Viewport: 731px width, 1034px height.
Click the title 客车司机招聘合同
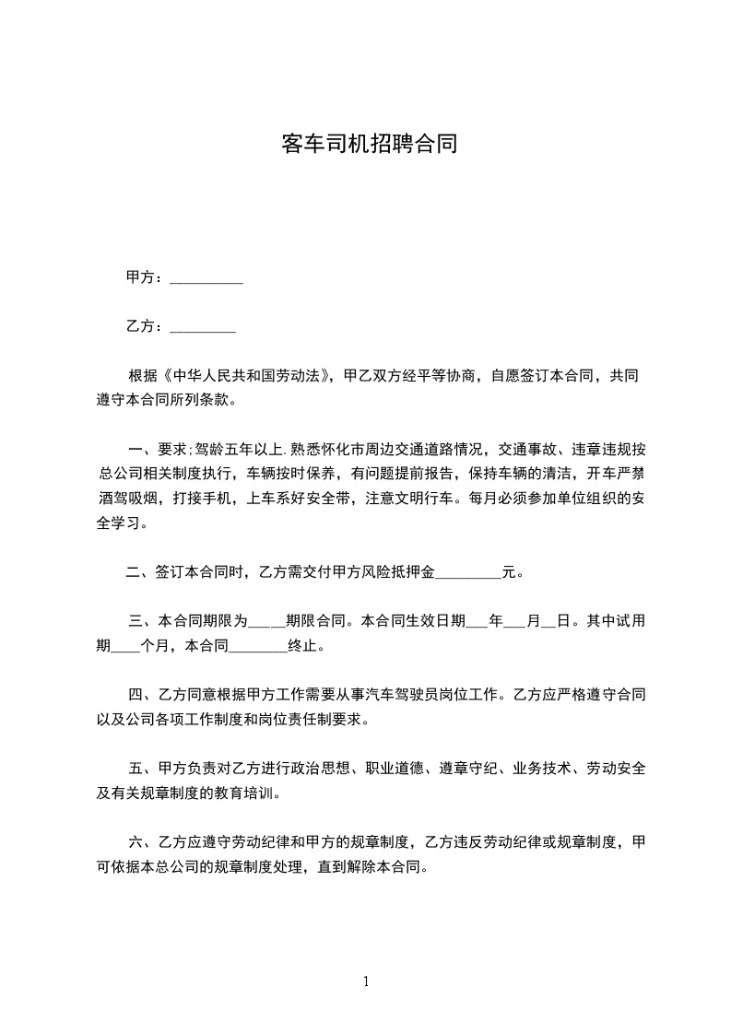[369, 145]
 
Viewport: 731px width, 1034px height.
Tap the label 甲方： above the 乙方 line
[145, 277]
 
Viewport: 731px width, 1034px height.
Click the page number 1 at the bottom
[366, 981]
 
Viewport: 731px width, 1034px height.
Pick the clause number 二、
[138, 572]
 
